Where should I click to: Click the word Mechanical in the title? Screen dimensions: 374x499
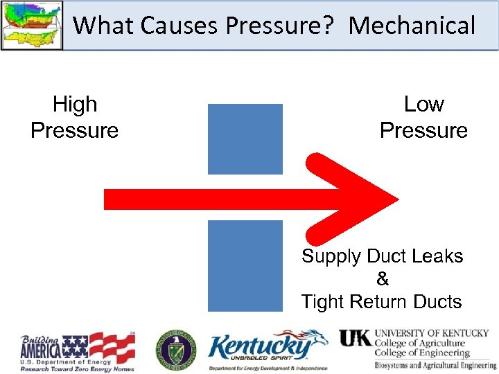pos(412,26)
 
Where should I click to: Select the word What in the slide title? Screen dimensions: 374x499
pos(103,26)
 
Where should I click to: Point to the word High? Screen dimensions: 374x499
pos(75,105)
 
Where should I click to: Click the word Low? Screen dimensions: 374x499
pos(423,105)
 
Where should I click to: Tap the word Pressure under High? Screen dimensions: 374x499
pos(75,130)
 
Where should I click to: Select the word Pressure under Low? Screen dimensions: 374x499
pos(423,130)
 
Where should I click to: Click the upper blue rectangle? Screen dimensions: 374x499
pos(245,139)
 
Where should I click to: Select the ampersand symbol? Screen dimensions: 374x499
pos(383,279)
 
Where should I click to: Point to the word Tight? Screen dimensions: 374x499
pos(323,302)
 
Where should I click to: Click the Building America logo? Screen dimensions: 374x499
pos(76,350)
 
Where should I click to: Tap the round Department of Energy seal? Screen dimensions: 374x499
pos(175,348)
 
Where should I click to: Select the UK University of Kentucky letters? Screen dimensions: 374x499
pos(354,338)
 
